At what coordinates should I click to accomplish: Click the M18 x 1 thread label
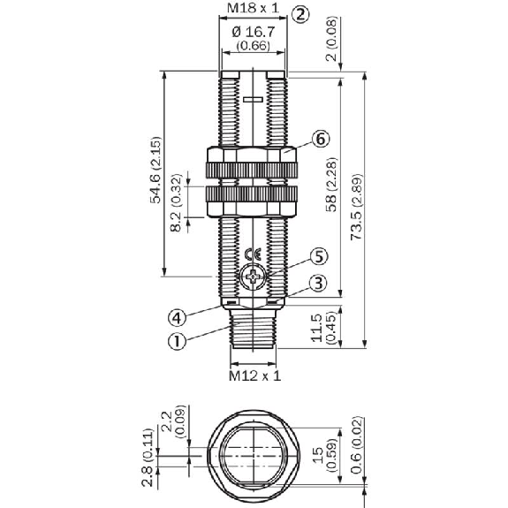253,8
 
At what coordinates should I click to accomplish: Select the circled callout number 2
300,14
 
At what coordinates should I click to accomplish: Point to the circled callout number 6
321,140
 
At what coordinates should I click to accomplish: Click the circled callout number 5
319,256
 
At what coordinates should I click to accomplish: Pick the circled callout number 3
318,284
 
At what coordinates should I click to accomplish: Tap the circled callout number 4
178,317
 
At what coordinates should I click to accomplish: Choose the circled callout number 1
178,341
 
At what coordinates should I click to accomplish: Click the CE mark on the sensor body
253,255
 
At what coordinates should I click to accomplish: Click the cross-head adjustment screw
253,277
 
